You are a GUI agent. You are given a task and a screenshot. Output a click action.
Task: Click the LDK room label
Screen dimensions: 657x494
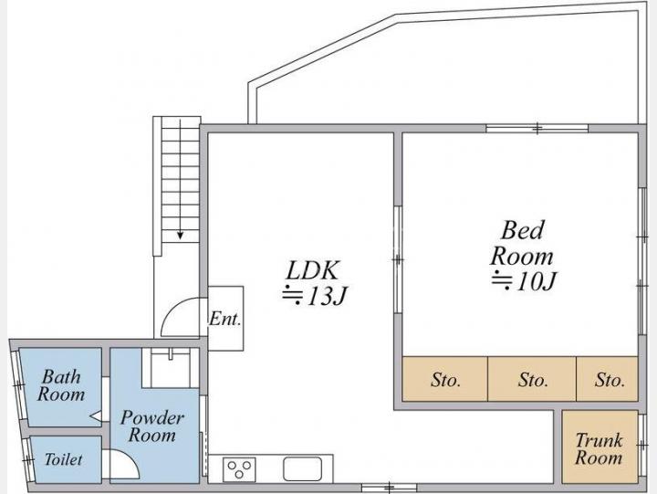coord(312,270)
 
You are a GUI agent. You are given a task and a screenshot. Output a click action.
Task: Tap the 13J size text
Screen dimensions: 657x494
coord(315,296)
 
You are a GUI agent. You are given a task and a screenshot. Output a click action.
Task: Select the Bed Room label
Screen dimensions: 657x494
coord(522,243)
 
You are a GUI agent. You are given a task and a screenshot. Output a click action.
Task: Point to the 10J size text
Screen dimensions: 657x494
coord(524,280)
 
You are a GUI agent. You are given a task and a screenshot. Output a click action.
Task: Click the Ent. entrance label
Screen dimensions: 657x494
coord(225,319)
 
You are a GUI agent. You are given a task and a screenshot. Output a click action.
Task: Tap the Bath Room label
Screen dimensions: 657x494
coord(61,385)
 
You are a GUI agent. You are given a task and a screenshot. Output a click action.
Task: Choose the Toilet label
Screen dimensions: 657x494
coord(64,459)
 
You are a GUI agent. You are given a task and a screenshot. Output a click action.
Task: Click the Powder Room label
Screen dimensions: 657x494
coord(152,426)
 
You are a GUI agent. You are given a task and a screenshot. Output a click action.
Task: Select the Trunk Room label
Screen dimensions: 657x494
coord(599,448)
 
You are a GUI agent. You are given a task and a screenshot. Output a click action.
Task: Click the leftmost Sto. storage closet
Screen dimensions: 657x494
coord(445,379)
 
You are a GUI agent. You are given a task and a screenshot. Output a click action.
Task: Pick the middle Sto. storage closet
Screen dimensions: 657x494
coord(532,379)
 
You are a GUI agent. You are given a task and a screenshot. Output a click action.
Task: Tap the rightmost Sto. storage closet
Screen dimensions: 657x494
coord(607,379)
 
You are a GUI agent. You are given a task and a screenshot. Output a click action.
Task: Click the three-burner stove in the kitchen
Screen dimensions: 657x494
coord(239,469)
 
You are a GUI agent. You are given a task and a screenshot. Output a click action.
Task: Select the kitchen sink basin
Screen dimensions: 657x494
coord(303,469)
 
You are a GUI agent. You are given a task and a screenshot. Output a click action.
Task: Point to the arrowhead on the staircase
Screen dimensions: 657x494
coord(180,236)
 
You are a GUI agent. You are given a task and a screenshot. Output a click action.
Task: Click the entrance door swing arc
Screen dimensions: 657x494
coord(170,308)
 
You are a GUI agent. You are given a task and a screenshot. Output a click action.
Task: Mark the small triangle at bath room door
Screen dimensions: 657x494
coord(96,416)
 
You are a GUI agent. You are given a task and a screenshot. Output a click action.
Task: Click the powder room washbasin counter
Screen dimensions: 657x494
coord(171,368)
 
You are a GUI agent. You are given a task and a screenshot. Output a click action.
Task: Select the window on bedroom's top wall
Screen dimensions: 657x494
coord(537,128)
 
